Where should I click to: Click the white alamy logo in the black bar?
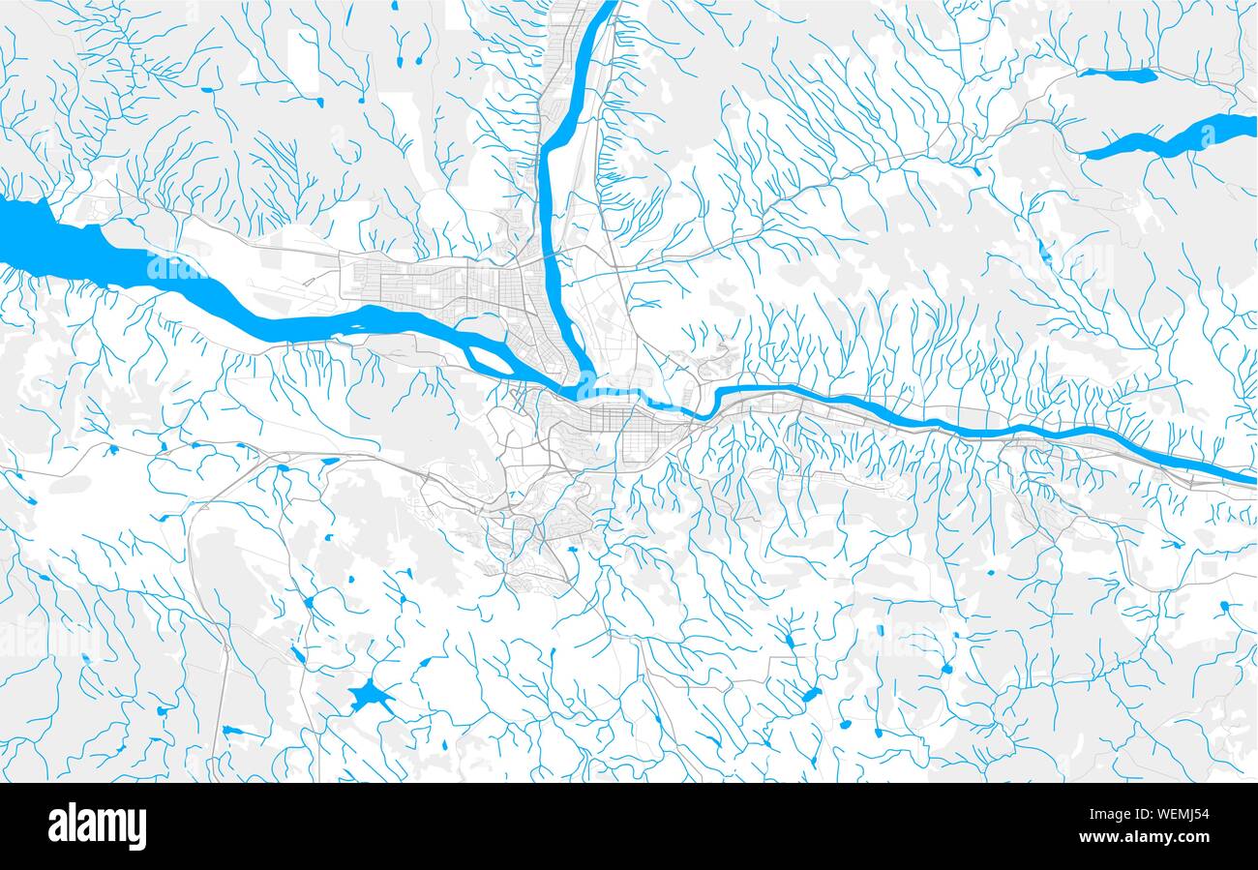click(97, 826)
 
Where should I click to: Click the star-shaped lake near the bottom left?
click(370, 696)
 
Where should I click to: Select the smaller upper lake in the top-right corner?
click(1118, 75)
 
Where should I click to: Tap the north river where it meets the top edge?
click(608, 5)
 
